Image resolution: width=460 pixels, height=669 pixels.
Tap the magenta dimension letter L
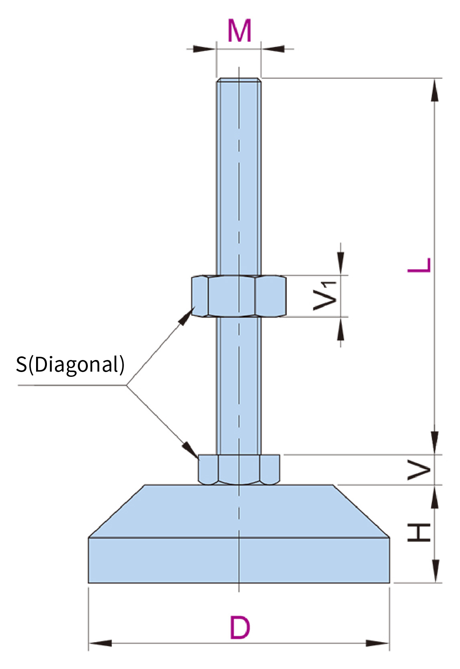(x=419, y=265)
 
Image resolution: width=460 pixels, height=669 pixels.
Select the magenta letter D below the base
(x=240, y=628)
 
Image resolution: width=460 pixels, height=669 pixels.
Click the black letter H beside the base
(x=419, y=533)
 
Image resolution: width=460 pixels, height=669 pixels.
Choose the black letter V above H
(x=419, y=470)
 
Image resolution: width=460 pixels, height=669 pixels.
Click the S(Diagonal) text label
(x=70, y=364)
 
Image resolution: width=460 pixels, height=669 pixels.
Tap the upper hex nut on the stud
(x=239, y=296)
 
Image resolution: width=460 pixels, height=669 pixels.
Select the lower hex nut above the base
(x=239, y=469)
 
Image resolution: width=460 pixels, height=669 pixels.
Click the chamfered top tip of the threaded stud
(x=239, y=80)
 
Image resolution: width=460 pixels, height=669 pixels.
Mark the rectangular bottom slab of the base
(x=239, y=560)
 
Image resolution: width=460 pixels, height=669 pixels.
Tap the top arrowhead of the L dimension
(x=434, y=90)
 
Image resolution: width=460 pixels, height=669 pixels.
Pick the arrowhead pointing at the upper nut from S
(x=186, y=317)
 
